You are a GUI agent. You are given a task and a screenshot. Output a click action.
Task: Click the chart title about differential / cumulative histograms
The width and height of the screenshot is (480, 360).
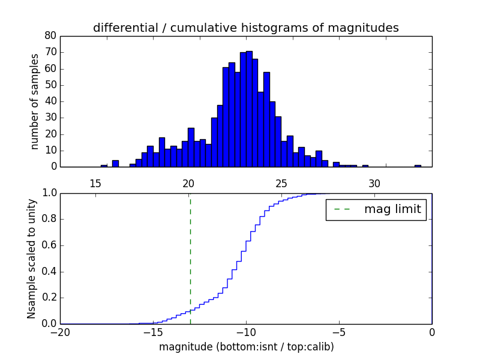[245, 28]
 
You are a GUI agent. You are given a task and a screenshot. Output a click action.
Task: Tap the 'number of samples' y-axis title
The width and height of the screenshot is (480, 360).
[35, 101]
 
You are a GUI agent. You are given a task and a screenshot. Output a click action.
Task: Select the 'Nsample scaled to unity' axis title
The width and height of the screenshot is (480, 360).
[32, 259]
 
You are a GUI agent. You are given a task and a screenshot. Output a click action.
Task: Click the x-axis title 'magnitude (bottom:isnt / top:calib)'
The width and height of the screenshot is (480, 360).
[246, 347]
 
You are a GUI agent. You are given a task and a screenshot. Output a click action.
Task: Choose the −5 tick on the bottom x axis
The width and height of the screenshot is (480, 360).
[339, 332]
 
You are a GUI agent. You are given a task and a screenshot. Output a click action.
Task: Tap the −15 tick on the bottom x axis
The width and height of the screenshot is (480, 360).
[153, 332]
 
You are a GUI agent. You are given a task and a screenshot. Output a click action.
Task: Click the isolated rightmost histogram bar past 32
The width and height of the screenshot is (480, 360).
[418, 166]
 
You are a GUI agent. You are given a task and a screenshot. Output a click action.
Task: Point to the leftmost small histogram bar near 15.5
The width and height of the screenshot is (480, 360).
[104, 166]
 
